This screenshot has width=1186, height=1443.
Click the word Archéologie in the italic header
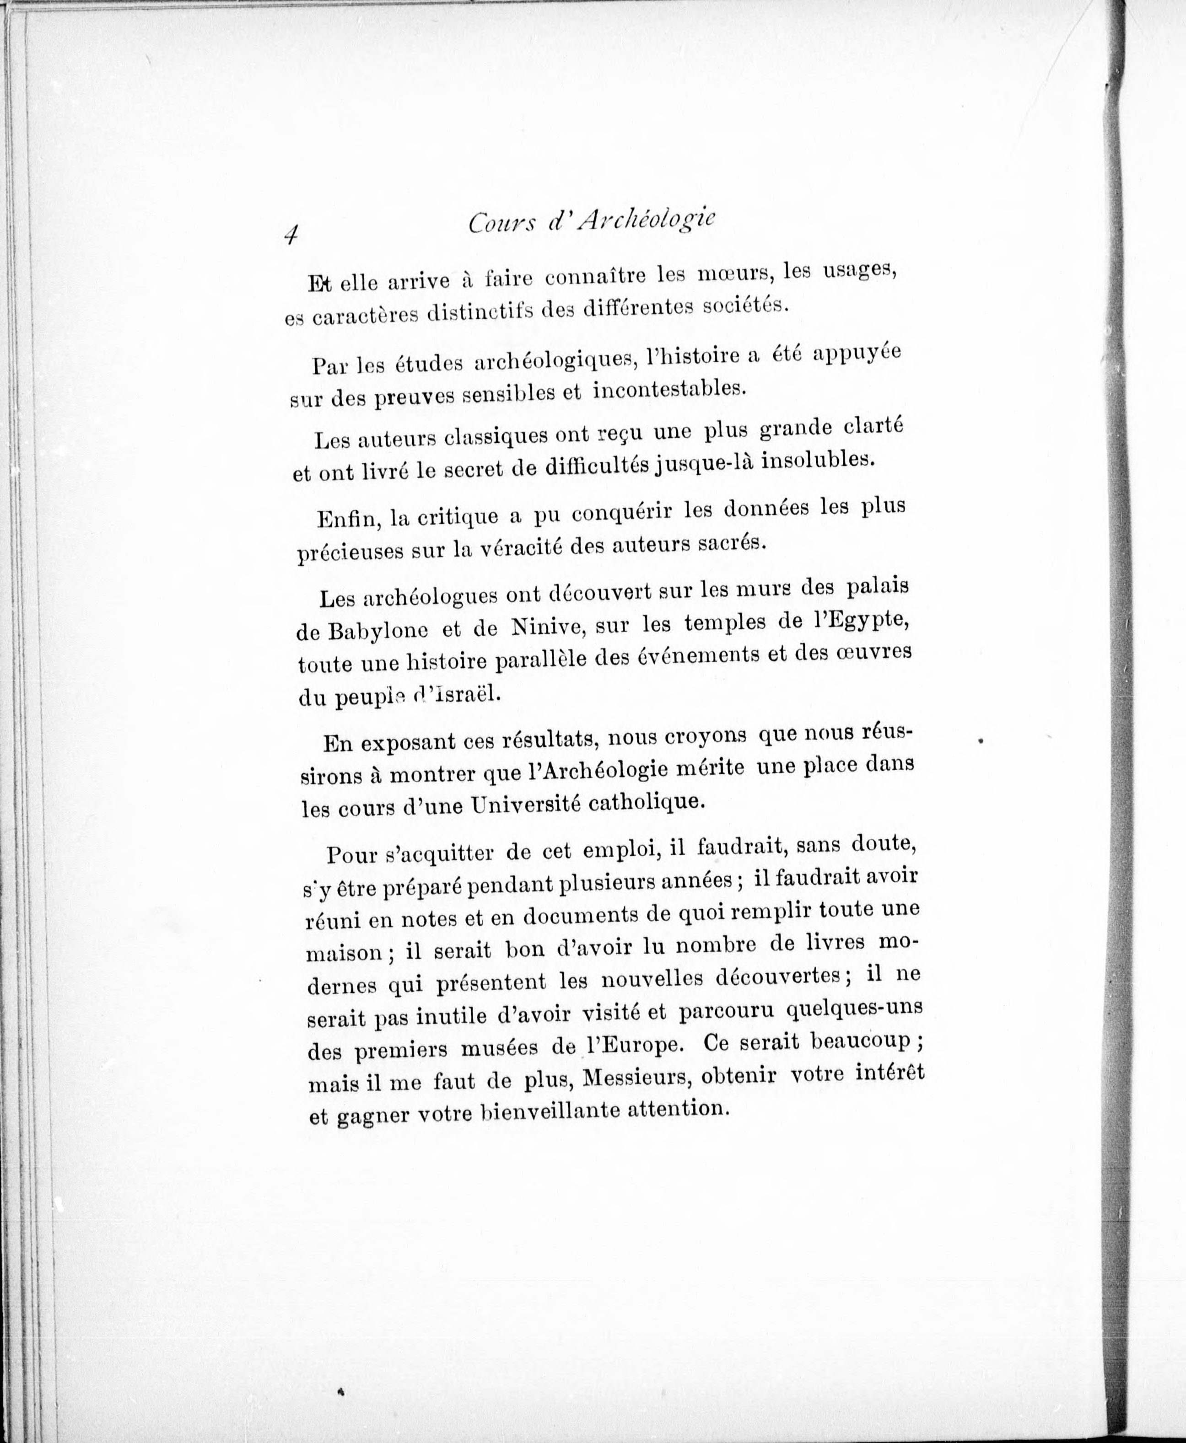click(646, 222)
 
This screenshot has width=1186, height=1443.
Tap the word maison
click(344, 953)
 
